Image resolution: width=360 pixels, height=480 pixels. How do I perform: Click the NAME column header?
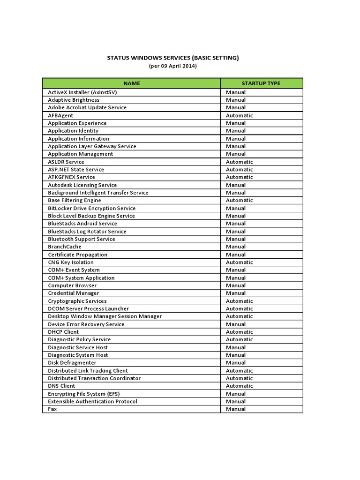pyautogui.click(x=131, y=83)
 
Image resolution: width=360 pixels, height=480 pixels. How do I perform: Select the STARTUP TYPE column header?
pyautogui.click(x=261, y=83)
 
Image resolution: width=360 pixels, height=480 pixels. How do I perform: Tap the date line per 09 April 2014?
pyautogui.click(x=172, y=66)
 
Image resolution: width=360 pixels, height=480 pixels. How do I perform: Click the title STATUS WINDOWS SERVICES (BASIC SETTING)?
pyautogui.click(x=172, y=58)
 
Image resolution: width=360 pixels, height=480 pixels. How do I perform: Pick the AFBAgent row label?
pyautogui.click(x=60, y=115)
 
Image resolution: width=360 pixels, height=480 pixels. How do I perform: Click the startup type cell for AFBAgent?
pyautogui.click(x=239, y=115)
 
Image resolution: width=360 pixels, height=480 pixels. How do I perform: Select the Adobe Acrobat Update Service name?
pyautogui.click(x=87, y=107)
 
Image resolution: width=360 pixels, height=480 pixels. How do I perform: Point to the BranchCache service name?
pyautogui.click(x=65, y=247)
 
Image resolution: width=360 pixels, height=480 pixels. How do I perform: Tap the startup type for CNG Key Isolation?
pyautogui.click(x=239, y=262)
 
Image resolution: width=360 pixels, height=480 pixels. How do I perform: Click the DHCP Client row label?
pyautogui.click(x=63, y=332)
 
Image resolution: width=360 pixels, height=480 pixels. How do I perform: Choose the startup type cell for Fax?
pyautogui.click(x=236, y=409)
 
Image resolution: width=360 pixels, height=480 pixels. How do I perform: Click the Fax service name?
pyautogui.click(x=52, y=409)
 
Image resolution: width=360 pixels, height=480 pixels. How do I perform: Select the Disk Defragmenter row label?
pyautogui.click(x=72, y=363)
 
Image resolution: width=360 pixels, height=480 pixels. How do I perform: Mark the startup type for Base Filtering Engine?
pyautogui.click(x=239, y=200)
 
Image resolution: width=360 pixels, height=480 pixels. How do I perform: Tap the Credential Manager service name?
pyautogui.click(x=74, y=293)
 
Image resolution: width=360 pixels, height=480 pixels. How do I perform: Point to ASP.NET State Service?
pyautogui.click(x=76, y=169)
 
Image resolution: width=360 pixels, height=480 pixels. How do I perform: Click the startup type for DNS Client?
pyautogui.click(x=239, y=386)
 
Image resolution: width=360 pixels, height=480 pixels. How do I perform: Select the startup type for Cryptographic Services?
pyautogui.click(x=239, y=301)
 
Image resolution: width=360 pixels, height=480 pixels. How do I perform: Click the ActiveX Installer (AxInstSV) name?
pyautogui.click(x=82, y=92)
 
